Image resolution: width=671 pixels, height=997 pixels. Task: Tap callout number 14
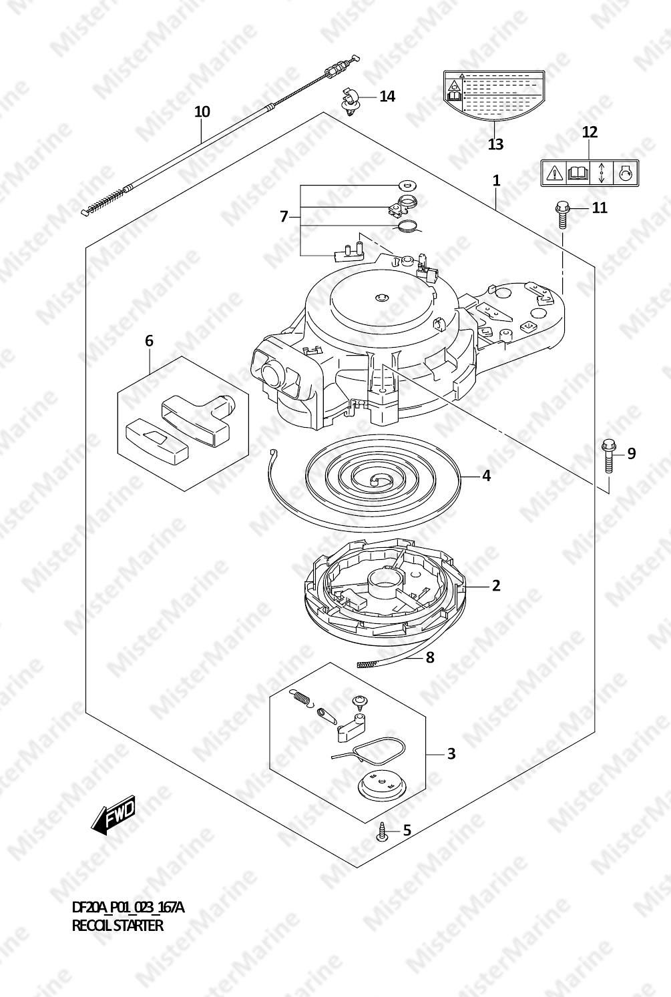coord(387,96)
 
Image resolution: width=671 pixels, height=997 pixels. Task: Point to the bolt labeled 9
coord(608,458)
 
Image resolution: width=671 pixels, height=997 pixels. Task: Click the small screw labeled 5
coord(382,832)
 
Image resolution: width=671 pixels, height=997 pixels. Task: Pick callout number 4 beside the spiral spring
coord(487,476)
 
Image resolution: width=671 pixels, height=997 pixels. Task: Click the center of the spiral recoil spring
coord(378,478)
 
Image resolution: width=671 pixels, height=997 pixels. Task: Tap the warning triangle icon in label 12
coord(554,172)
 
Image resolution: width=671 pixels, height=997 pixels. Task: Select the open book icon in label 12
coord(578,172)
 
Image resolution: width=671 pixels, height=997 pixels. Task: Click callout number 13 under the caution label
coord(495,143)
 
